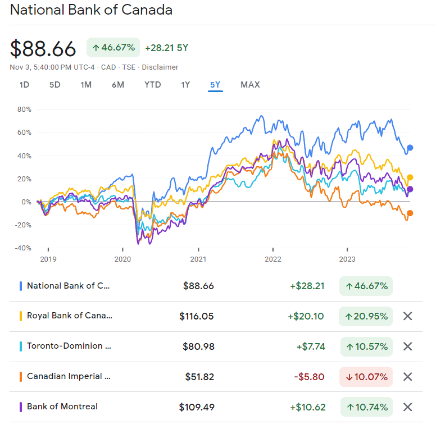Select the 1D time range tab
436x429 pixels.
tap(24, 85)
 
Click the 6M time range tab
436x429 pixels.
tap(118, 85)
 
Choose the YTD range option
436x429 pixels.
tap(152, 85)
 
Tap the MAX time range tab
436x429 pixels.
tap(250, 85)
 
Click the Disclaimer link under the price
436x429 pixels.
tap(160, 67)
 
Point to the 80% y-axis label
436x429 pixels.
tap(24, 109)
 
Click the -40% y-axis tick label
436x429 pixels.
tap(22, 248)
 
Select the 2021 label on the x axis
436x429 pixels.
tap(198, 259)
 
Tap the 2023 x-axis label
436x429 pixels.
tap(347, 259)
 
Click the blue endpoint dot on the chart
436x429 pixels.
tap(410, 148)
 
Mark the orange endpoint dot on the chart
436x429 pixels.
tap(410, 213)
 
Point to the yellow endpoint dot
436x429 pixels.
tap(410, 177)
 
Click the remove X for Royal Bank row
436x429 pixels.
tap(408, 316)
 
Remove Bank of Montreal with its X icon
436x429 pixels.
tap(408, 407)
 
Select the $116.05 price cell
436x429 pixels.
tap(197, 316)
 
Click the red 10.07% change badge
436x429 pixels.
tap(366, 377)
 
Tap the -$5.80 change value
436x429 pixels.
tap(309, 377)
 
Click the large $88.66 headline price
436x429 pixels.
tap(43, 49)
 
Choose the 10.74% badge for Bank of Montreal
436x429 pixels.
tap(366, 407)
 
